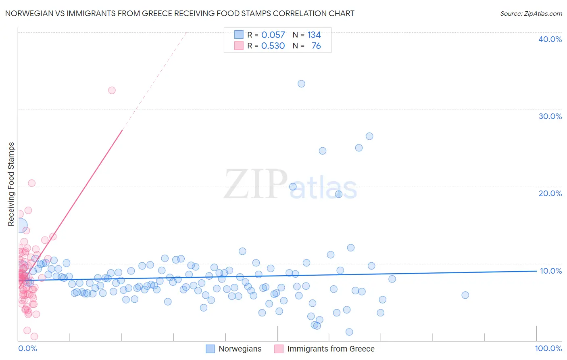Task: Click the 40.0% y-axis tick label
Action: [550, 39]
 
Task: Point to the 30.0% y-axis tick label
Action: [550, 116]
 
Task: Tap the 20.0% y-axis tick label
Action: [550, 193]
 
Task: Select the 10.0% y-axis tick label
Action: [550, 271]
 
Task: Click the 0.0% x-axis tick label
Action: [27, 348]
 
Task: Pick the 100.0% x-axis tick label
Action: [548, 348]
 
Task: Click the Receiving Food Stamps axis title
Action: [11, 184]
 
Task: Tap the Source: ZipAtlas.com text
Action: [531, 13]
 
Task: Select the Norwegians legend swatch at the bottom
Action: [210, 349]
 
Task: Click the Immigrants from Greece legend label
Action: [331, 349]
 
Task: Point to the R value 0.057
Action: [273, 35]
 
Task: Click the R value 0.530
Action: [273, 46]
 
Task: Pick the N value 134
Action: [314, 35]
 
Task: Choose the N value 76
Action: [316, 46]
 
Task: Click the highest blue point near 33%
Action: [301, 84]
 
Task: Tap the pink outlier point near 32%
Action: [112, 90]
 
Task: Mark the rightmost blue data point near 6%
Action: [465, 295]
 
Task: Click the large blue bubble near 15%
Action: [19, 226]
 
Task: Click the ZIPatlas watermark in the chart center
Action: [290, 185]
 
